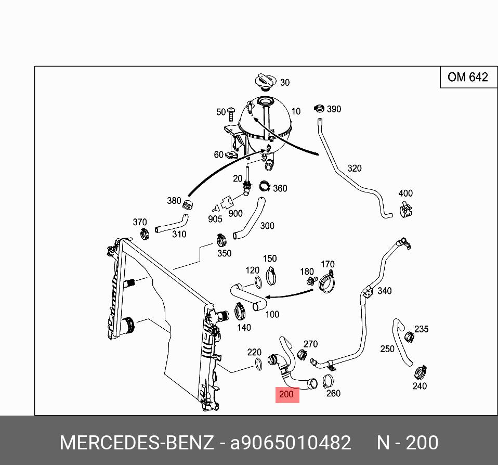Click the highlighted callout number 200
coord(286,394)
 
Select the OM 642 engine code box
coord(468,77)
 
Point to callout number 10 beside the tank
coord(295,111)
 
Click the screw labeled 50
coord(233,111)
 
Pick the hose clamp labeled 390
coord(319,109)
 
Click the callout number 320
coord(354,169)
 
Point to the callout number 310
coord(179,234)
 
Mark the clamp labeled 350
coord(220,240)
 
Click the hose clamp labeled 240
coord(420,372)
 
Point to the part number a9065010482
coord(291,443)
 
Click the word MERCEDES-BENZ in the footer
coord(136,443)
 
